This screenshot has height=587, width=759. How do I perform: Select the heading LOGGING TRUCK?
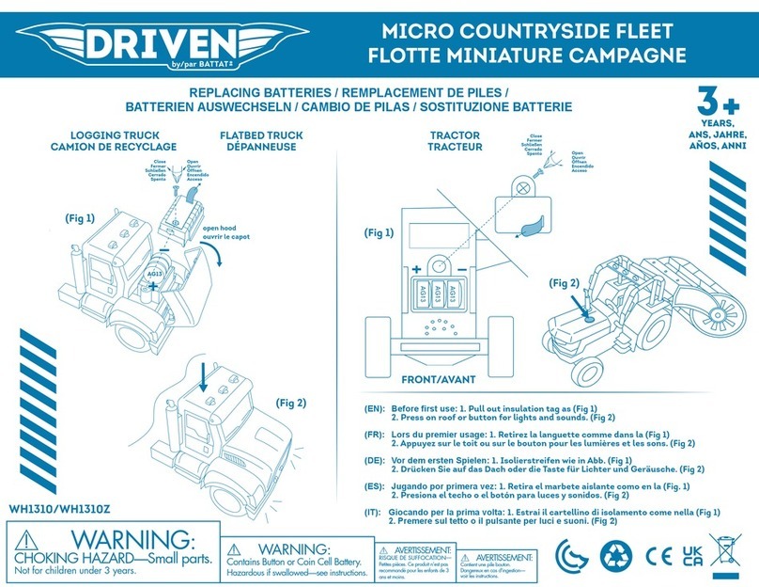(x=101, y=135)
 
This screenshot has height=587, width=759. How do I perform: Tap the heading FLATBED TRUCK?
(x=261, y=135)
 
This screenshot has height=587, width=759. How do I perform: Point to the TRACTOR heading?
(x=454, y=135)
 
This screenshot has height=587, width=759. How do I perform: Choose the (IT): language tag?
(x=373, y=511)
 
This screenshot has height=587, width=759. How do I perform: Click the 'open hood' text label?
(x=224, y=228)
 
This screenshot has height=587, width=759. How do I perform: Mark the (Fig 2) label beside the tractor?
(x=565, y=281)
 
